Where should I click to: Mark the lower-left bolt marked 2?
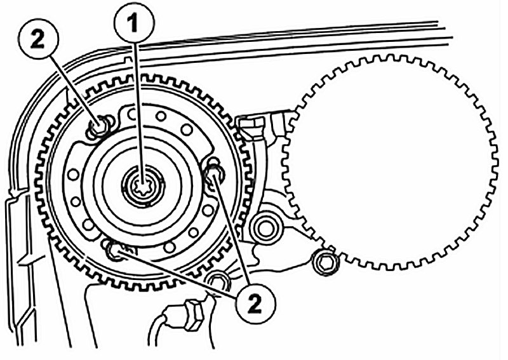[x=116, y=253]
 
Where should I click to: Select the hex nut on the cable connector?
[x=192, y=312]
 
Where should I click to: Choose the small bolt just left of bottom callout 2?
[x=218, y=280]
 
